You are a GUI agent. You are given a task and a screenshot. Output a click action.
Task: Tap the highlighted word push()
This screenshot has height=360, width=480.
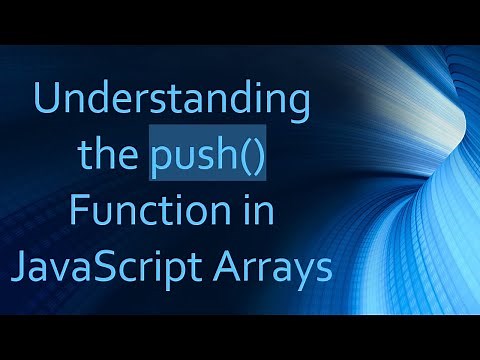coord(208,158)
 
